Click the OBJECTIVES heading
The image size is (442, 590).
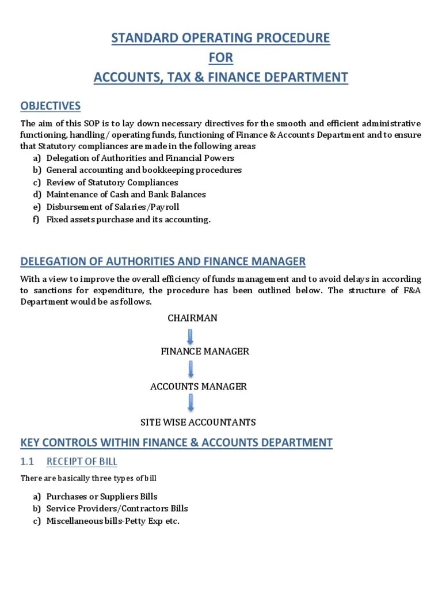pos(50,106)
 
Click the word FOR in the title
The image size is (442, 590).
pos(221,58)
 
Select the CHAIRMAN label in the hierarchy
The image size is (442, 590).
pos(192,318)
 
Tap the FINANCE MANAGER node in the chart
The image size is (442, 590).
pos(204,351)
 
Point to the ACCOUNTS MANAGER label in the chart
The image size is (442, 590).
pos(198,387)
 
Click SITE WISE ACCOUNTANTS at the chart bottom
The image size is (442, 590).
pos(198,422)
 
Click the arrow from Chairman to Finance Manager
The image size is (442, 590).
pos(190,335)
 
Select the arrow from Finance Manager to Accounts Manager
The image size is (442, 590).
pos(190,369)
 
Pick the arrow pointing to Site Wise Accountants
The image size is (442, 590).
pos(190,403)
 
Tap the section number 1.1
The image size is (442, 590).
pos(28,462)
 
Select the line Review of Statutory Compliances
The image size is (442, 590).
pos(112,183)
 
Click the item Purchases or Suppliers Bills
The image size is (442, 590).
pos(102,497)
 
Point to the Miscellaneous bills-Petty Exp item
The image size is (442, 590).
pos(113,521)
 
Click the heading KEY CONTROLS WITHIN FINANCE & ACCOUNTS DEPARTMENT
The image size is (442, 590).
pos(176,442)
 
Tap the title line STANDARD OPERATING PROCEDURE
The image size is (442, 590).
pos(221,39)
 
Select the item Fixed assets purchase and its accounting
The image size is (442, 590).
pos(128,220)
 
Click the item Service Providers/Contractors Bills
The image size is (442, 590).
pos(117,509)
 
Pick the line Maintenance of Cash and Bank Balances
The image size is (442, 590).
pos(126,195)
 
